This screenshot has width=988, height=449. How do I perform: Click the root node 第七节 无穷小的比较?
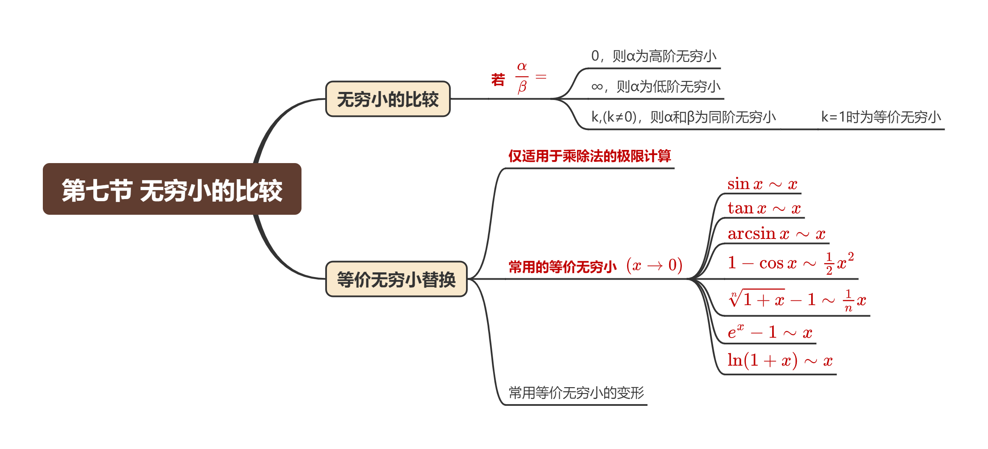click(172, 189)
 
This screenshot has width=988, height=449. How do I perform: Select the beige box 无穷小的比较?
click(388, 99)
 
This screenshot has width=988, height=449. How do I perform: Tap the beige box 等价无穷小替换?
click(396, 279)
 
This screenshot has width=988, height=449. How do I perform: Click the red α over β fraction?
click(522, 77)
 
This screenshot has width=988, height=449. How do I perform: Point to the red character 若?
click(498, 79)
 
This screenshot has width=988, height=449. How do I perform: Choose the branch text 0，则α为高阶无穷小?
click(653, 56)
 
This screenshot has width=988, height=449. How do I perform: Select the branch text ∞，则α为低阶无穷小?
click(656, 86)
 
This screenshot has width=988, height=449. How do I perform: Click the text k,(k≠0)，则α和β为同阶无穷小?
click(683, 117)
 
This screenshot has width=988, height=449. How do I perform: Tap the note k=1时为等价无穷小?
click(881, 117)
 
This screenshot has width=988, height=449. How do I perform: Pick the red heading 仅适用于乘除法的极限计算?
click(589, 156)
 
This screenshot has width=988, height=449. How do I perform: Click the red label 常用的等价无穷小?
click(562, 266)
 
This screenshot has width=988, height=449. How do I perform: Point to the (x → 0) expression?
click(654, 265)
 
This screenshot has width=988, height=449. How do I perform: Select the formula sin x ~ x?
click(762, 184)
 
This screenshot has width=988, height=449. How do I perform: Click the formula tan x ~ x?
click(764, 208)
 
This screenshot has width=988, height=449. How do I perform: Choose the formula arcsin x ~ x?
click(776, 233)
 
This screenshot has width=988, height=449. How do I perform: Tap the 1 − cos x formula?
click(790, 263)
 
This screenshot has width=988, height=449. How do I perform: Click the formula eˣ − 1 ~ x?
click(770, 332)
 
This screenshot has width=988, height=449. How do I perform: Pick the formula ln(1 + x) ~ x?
click(780, 360)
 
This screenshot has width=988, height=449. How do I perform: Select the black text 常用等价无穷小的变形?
click(576, 393)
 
